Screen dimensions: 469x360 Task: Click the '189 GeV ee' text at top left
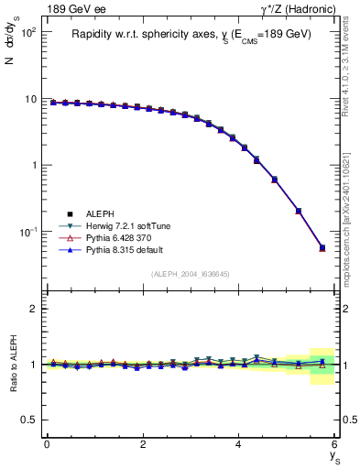(x=73, y=9)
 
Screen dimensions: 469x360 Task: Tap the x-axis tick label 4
(x=239, y=444)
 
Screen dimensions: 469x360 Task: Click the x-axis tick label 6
(x=335, y=444)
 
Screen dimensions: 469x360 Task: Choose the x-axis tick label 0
(x=47, y=444)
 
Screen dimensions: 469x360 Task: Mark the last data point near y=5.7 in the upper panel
(x=322, y=247)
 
